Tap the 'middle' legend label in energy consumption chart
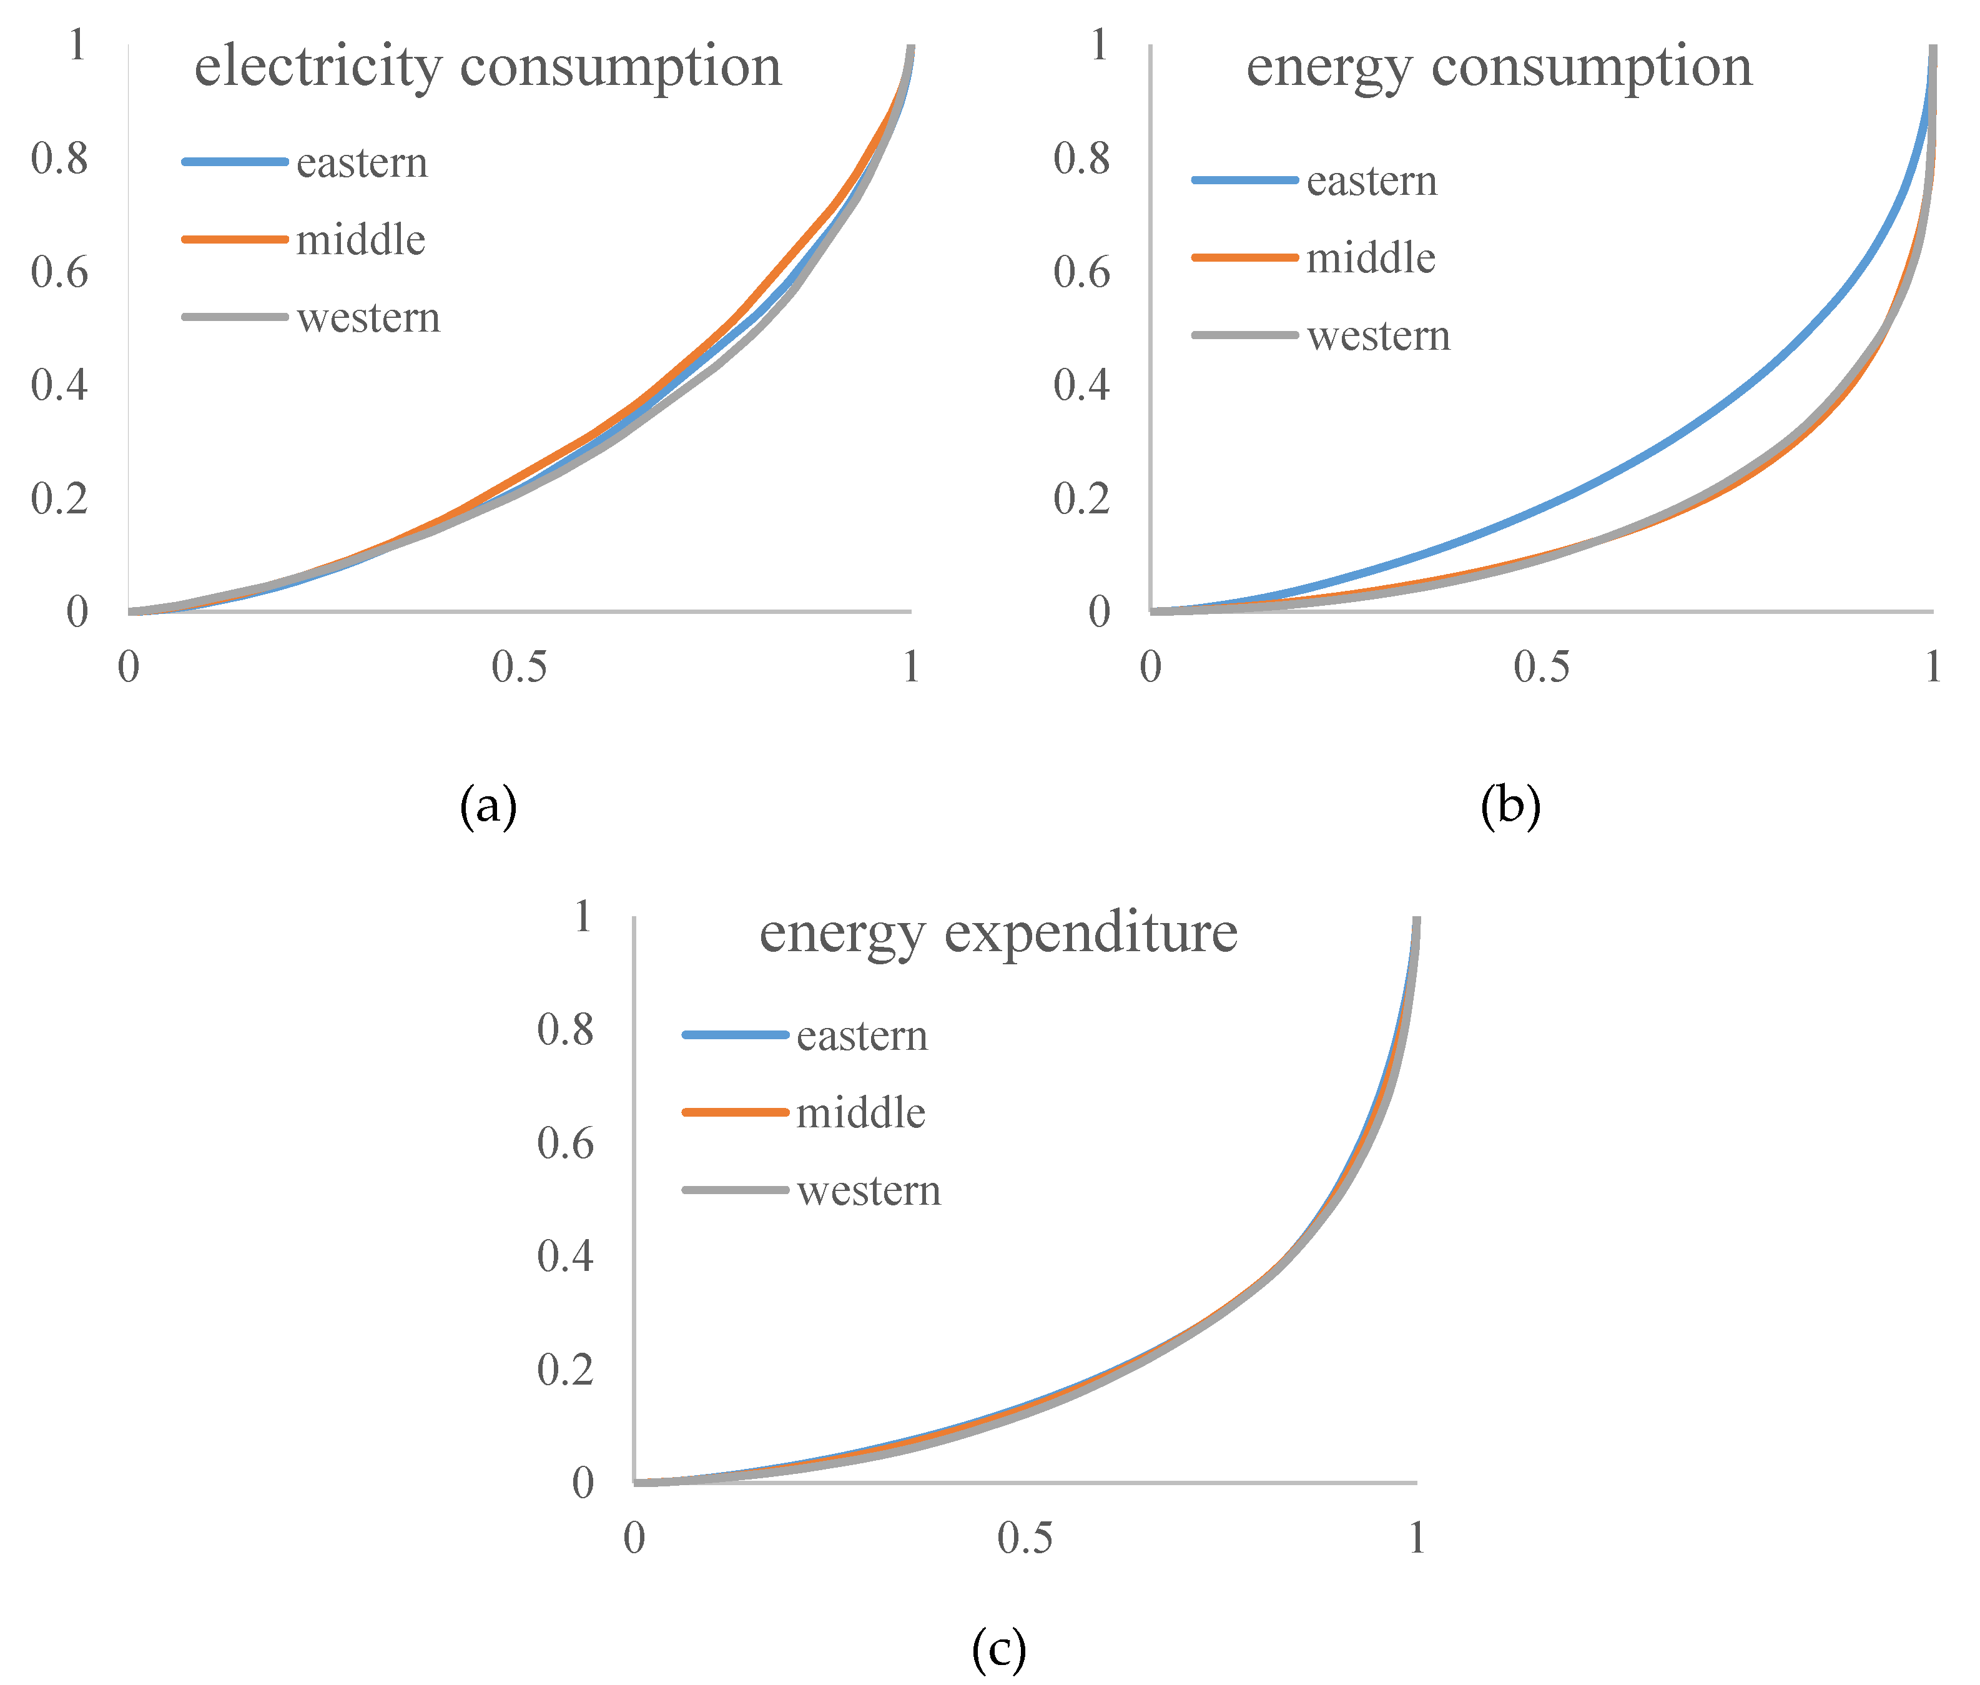click(1370, 258)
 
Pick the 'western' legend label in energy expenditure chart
click(868, 1190)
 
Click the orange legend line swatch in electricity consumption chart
click(234, 239)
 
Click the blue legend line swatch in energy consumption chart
click(1244, 180)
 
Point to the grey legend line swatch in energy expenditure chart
click(734, 1189)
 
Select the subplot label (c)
click(998, 1648)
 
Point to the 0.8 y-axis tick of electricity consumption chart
click(59, 159)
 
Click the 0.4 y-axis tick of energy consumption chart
click(1081, 385)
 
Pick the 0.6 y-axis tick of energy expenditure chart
click(564, 1144)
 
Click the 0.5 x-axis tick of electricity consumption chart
click(519, 667)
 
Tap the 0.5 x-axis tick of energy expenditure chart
click(1024, 1538)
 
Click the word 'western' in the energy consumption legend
click(1377, 335)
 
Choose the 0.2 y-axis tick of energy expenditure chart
click(564, 1370)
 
